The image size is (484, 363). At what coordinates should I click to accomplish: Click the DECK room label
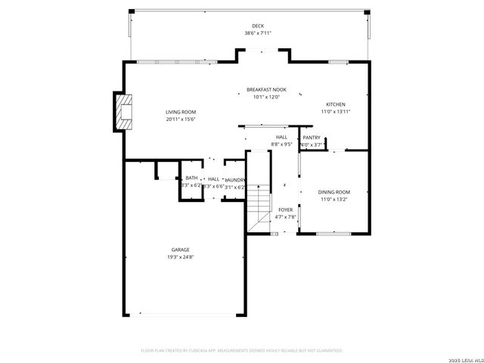pos(259,26)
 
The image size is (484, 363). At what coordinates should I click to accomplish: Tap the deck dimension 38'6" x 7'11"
pos(259,33)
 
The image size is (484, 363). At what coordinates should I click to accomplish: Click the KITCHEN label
pos(335,104)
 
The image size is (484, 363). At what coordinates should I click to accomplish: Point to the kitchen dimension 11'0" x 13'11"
pos(335,112)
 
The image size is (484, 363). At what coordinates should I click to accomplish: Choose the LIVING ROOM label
pos(181,112)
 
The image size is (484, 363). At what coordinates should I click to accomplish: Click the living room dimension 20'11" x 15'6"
pos(181,119)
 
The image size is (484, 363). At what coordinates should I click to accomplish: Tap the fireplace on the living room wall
pos(120,113)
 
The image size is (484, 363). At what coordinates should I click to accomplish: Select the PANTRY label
pos(312,137)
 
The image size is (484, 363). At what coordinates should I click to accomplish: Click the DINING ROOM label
pos(334,192)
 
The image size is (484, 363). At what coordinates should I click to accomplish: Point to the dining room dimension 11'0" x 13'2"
pos(334,200)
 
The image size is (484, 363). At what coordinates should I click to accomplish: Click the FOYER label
pos(285,209)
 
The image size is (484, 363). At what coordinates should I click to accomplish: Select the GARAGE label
pos(180,250)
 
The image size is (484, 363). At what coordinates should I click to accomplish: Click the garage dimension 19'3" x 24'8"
pos(180,257)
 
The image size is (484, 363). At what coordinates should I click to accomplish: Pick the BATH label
pos(191,178)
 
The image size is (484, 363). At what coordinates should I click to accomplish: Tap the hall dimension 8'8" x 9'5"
pos(281,144)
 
